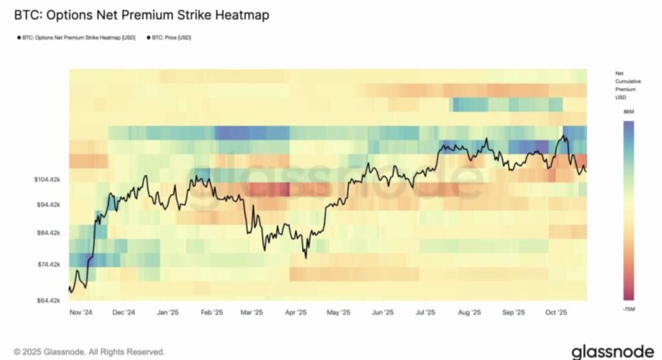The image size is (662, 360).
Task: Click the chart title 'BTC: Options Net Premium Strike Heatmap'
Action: point(142,14)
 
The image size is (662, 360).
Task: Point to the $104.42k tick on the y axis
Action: point(47,179)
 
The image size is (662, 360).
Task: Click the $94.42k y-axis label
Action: point(48,205)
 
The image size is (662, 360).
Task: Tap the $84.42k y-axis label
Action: point(48,233)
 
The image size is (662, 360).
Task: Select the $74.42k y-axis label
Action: point(48,264)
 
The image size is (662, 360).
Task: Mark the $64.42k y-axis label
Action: point(48,301)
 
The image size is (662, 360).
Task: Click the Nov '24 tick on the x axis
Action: point(81,312)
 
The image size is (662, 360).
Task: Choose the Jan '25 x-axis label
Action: point(167,312)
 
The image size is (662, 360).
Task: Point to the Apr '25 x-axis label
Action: point(297,312)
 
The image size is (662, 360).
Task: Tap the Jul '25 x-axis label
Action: point(425,312)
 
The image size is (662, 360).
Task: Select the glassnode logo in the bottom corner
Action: point(612,352)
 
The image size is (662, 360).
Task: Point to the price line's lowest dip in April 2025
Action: point(305,258)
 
